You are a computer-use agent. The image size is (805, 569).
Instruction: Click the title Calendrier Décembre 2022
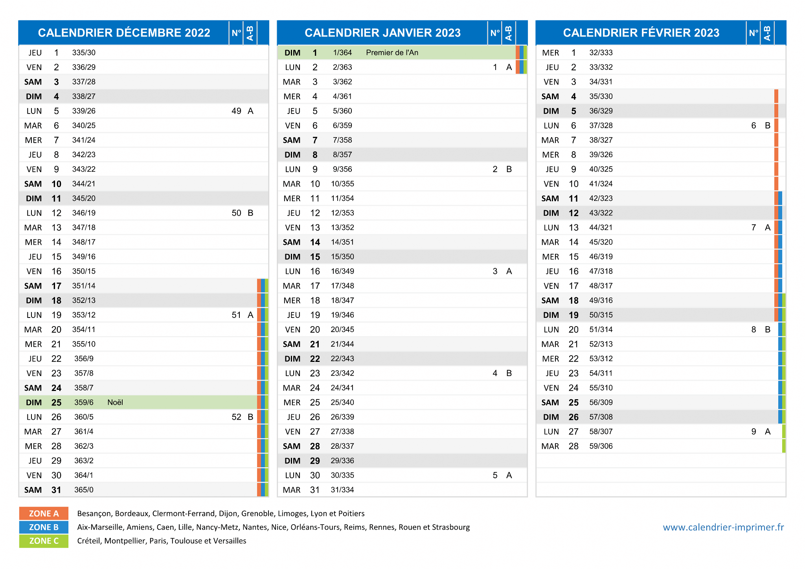pyautogui.click(x=124, y=33)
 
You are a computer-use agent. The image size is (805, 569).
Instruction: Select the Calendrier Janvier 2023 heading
pyautogui.click(x=382, y=33)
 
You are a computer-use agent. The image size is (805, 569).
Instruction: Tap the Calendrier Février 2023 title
pyautogui.click(x=641, y=33)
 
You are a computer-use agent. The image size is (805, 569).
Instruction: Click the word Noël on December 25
pyautogui.click(x=115, y=402)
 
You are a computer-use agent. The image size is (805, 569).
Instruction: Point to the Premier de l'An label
pyautogui.click(x=392, y=53)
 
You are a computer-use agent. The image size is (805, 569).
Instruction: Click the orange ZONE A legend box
pyautogui.click(x=44, y=514)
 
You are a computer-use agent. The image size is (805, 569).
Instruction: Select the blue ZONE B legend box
pyautogui.click(x=44, y=527)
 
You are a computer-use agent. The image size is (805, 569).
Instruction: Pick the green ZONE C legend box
pyautogui.click(x=44, y=541)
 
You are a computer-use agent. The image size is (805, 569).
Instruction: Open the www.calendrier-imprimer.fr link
pyautogui.click(x=723, y=527)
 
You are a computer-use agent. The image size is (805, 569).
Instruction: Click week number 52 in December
pyautogui.click(x=236, y=417)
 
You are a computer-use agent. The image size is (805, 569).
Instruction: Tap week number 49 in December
pyautogui.click(x=236, y=111)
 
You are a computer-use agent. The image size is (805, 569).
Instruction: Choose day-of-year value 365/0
pyautogui.click(x=84, y=490)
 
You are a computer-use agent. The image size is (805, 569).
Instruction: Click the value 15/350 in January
pyautogui.click(x=342, y=257)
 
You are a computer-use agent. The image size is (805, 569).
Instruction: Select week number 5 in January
pyautogui.click(x=495, y=475)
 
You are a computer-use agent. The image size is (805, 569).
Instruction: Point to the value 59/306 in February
pyautogui.click(x=601, y=446)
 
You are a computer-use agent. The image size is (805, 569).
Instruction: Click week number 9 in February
pyautogui.click(x=754, y=432)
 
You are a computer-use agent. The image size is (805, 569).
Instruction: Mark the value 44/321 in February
pyautogui.click(x=601, y=228)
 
